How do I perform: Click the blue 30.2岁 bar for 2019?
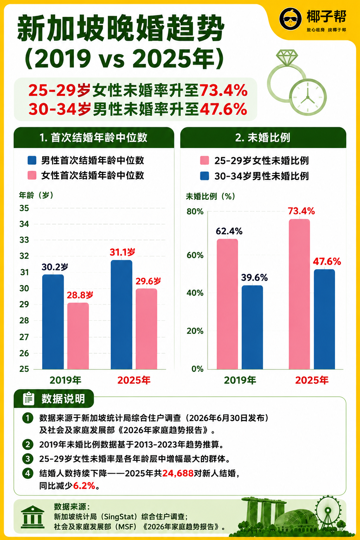click(53, 322)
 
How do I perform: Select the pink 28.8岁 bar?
click(78, 336)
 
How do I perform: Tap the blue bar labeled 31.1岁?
click(122, 315)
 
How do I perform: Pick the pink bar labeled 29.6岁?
click(146, 329)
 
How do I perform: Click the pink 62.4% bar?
click(227, 304)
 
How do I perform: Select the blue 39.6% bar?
click(252, 327)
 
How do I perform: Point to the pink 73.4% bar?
click(299, 294)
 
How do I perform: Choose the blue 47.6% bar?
click(324, 319)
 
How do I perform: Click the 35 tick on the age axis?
click(24, 208)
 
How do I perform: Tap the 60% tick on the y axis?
click(195, 255)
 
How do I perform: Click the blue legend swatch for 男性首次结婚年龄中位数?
click(32, 160)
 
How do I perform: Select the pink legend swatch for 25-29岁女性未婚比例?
click(205, 160)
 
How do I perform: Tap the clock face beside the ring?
click(308, 97)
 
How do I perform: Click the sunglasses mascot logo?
click(290, 19)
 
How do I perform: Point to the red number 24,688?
click(178, 473)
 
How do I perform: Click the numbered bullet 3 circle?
click(28, 458)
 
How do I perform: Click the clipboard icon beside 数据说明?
click(28, 398)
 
